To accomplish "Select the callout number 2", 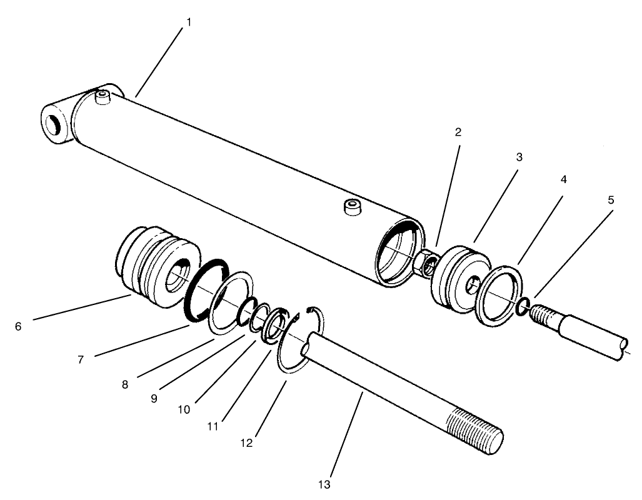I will coord(458,132).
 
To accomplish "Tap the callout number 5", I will coord(611,200).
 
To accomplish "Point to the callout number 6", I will coord(18,326).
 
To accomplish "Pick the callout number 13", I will coord(323,484).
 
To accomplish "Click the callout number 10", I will coord(184,410).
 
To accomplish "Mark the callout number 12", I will coord(246,442).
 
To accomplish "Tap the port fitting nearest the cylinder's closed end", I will coord(101,97).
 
